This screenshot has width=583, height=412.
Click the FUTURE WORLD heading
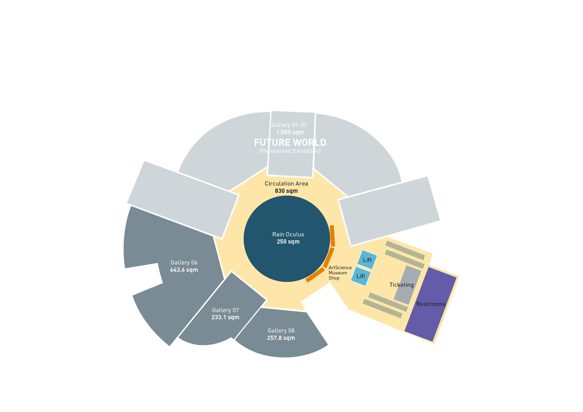tap(290, 143)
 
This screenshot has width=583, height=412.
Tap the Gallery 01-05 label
tap(289, 125)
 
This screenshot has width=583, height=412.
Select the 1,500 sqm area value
tap(290, 132)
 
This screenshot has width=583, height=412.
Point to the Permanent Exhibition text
tap(290, 151)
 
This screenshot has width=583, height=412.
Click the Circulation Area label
tap(286, 184)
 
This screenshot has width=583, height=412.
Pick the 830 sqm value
tap(286, 191)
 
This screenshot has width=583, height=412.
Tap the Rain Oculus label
tap(288, 234)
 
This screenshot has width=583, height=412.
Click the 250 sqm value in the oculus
tap(288, 242)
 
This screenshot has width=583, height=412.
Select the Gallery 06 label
tap(184, 262)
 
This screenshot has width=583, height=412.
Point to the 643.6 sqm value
tap(184, 270)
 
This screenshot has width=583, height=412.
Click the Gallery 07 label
tap(225, 310)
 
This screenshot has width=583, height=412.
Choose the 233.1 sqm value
tap(225, 317)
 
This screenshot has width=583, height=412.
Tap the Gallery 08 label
tap(281, 331)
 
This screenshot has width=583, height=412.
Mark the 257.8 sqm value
tap(281, 338)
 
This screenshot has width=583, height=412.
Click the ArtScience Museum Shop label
tap(339, 273)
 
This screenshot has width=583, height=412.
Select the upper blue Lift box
tap(367, 260)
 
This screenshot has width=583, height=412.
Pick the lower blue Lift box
tap(361, 276)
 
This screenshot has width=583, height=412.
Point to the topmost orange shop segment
tap(332, 236)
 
